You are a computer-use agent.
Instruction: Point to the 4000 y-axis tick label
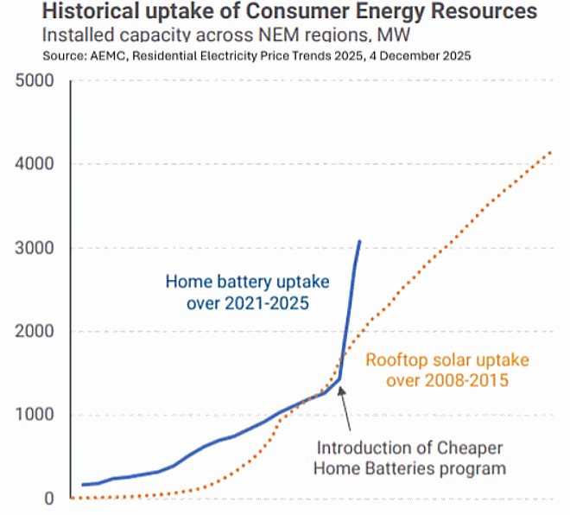point(35,164)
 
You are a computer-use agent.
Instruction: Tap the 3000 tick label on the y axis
point(35,248)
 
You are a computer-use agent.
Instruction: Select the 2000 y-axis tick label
point(35,332)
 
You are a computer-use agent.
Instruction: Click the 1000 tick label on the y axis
point(35,415)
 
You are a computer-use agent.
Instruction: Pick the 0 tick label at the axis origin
point(49,499)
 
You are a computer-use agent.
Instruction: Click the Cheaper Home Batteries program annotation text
point(410,459)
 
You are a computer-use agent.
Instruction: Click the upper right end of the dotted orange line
point(551,152)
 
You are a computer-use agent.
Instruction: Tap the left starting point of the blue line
point(83,485)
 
